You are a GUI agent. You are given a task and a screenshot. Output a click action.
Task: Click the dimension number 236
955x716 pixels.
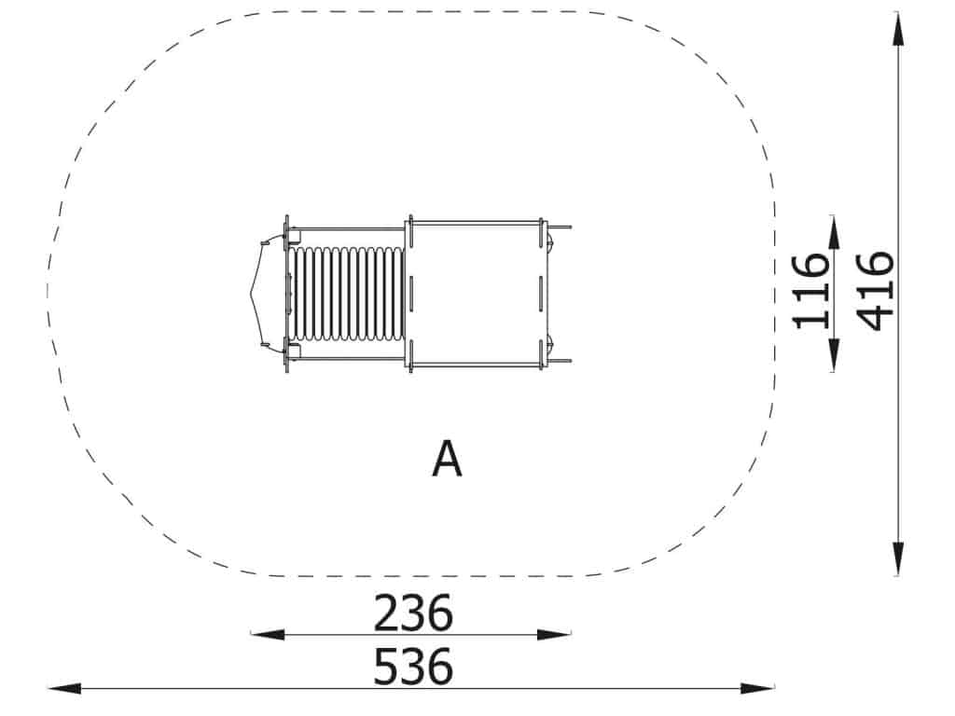[413, 613]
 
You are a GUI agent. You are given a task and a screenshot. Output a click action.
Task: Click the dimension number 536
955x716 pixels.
[413, 667]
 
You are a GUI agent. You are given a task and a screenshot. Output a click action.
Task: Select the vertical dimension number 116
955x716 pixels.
[811, 292]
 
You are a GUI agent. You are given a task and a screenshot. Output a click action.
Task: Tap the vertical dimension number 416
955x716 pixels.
[875, 291]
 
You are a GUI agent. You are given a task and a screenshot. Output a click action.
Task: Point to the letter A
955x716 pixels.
[447, 460]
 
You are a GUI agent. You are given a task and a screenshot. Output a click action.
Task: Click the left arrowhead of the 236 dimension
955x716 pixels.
[268, 634]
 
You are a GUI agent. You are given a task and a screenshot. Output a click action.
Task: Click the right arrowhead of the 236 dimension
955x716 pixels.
[554, 634]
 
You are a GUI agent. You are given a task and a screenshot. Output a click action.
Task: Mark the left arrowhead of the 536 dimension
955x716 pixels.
[64, 689]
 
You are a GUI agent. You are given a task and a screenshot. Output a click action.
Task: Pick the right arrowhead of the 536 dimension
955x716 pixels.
[757, 689]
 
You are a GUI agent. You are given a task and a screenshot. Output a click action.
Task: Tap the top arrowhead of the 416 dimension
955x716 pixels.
[898, 28]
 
